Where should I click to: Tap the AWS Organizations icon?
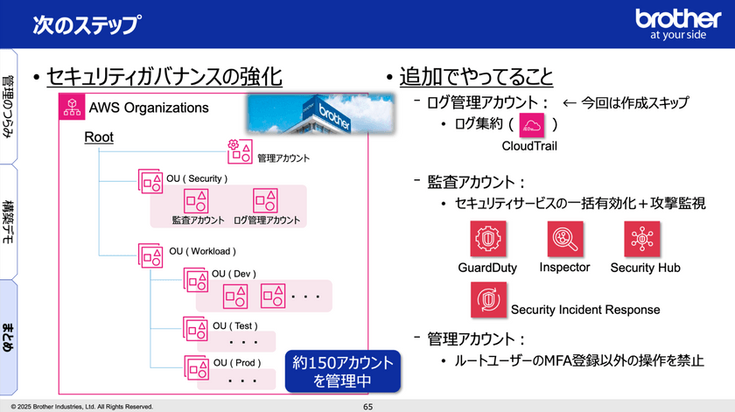[x=71, y=108]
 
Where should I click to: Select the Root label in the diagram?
[x=99, y=137]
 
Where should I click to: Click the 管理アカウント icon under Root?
[x=240, y=150]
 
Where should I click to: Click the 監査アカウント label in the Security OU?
[x=198, y=220]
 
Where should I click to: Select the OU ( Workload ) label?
[x=199, y=251]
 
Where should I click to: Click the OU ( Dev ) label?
[x=234, y=274]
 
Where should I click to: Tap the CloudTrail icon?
[x=531, y=124]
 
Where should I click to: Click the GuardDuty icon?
[x=486, y=239]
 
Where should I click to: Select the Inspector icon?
[x=563, y=239]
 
